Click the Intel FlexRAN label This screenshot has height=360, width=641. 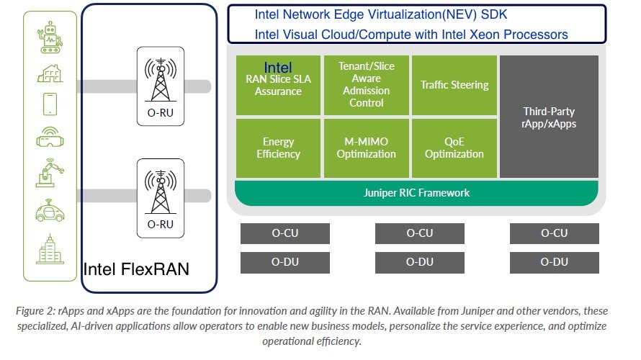click(x=137, y=269)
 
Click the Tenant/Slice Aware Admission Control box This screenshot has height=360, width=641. click(x=366, y=84)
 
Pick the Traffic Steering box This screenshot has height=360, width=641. click(x=454, y=85)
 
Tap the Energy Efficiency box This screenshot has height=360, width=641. click(x=278, y=148)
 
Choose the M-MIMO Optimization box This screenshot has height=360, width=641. click(x=366, y=148)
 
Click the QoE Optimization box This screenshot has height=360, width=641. click(x=454, y=148)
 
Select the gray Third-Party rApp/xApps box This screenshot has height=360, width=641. click(x=549, y=117)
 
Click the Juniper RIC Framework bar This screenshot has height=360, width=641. click(x=416, y=193)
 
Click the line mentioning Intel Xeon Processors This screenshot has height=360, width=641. click(x=411, y=35)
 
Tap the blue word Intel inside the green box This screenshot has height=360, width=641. click(x=278, y=68)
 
